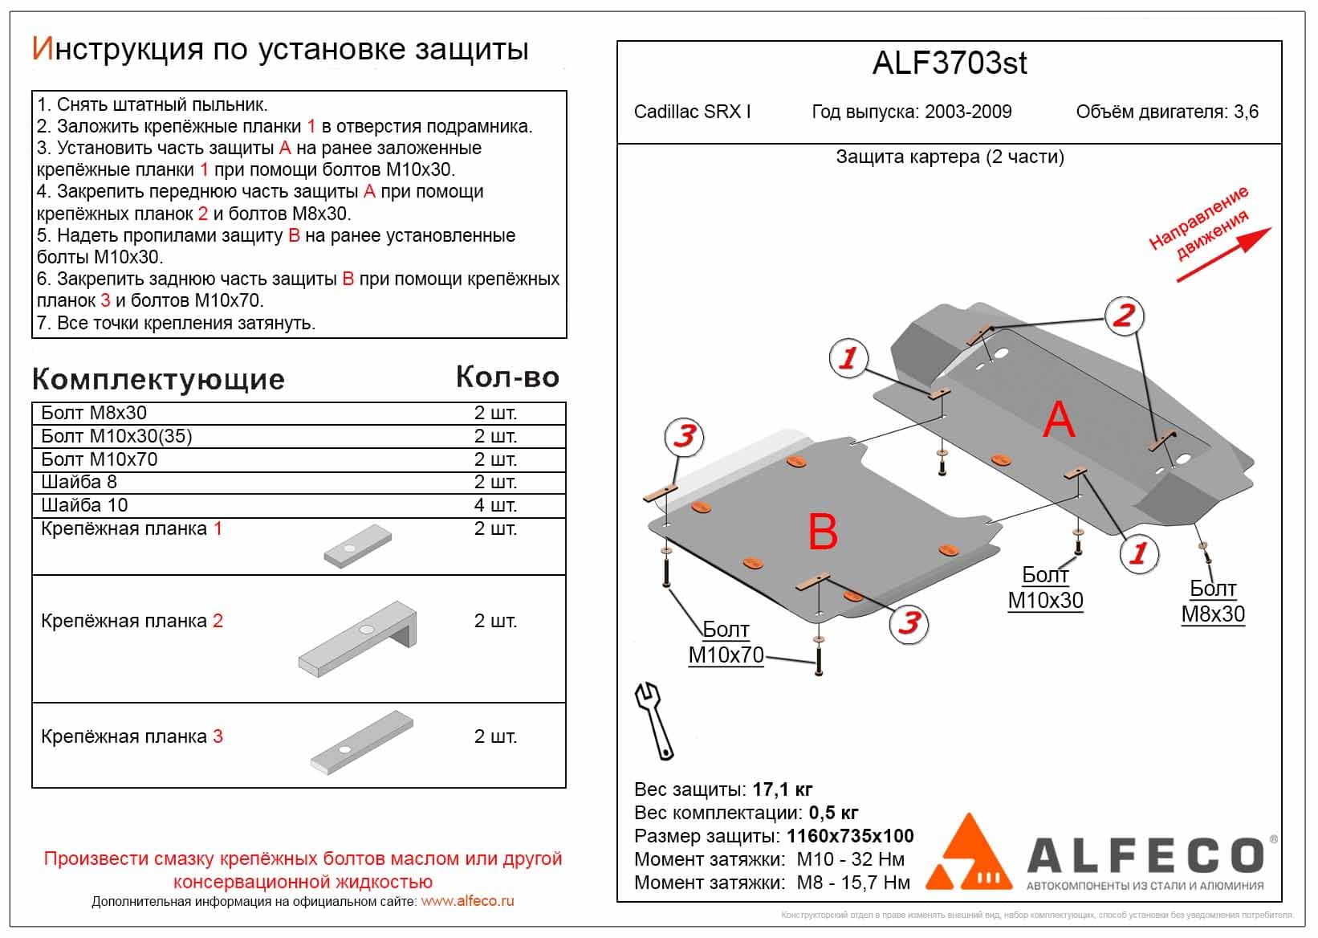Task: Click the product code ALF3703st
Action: [949, 63]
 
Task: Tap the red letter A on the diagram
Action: [1058, 419]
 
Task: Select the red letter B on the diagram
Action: [823, 531]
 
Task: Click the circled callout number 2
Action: [1123, 316]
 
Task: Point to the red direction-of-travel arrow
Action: [1224, 254]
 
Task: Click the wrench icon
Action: [653, 720]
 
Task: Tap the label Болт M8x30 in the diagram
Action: [1212, 602]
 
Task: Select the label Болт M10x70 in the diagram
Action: [726, 642]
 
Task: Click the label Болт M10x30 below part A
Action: [1045, 588]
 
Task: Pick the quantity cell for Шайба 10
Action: [495, 505]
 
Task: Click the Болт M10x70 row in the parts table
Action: [100, 459]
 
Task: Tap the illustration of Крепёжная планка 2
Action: [359, 639]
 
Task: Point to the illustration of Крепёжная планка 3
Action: [362, 741]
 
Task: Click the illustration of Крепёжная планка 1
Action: [358, 546]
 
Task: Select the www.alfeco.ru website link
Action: [467, 901]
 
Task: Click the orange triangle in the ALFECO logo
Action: [970, 858]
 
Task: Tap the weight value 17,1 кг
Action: [783, 789]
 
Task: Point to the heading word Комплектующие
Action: [158, 379]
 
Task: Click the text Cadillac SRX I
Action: [692, 112]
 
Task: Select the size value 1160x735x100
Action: [850, 836]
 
